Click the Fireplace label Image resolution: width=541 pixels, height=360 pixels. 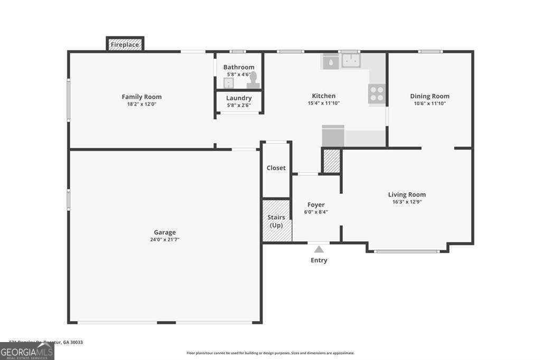[x=125, y=45]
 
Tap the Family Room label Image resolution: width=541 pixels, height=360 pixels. [x=142, y=97]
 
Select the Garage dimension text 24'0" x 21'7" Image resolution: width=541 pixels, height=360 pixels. [x=165, y=240]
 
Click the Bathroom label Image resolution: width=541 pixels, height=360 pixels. [x=239, y=67]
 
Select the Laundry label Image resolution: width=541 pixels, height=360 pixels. [x=239, y=98]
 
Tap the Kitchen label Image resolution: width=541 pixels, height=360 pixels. [x=323, y=96]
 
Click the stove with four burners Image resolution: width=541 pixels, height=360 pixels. [x=377, y=93]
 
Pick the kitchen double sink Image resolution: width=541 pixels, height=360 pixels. [x=350, y=61]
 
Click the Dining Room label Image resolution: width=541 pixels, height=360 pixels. [x=430, y=96]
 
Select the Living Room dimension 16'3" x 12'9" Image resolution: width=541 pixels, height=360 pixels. [x=407, y=202]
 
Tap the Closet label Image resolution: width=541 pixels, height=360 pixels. [x=276, y=168]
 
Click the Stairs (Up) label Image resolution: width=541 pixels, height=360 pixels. [x=276, y=221]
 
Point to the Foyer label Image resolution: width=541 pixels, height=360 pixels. [x=316, y=205]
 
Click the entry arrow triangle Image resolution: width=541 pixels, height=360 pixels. [x=319, y=249]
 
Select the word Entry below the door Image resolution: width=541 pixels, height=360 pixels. [x=319, y=260]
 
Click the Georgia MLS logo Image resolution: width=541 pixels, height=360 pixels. [x=27, y=351]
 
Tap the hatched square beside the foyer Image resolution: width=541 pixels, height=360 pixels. [x=332, y=162]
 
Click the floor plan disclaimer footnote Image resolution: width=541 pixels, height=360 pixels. [x=270, y=353]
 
